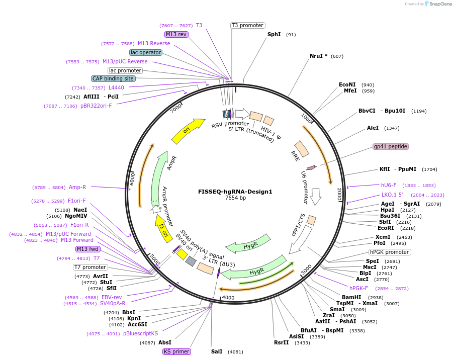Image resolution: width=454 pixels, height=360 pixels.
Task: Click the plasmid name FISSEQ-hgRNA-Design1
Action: click(x=235, y=191)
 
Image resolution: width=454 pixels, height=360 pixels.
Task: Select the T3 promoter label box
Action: click(x=248, y=25)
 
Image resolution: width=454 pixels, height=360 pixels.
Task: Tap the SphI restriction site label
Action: click(x=274, y=34)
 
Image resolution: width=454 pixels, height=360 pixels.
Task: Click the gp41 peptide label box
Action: click(x=391, y=146)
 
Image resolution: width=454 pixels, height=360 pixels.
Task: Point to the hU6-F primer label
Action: click(x=389, y=185)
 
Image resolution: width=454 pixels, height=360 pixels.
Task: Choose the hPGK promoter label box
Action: click(x=389, y=252)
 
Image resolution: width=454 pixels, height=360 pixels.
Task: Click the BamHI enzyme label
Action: click(x=352, y=297)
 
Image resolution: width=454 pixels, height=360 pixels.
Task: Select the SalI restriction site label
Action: click(x=217, y=351)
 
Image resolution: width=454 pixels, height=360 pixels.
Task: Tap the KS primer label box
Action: click(x=176, y=351)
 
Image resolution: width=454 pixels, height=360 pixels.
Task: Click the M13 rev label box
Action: click(x=176, y=34)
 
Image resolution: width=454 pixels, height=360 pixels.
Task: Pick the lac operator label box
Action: click(x=146, y=52)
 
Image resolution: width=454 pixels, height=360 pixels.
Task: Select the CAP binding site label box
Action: click(x=113, y=78)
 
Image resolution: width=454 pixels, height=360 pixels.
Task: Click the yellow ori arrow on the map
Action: click(x=188, y=129)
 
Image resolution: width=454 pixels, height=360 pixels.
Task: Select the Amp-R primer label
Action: click(x=77, y=187)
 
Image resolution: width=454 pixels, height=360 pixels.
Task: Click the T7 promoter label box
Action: click(x=90, y=267)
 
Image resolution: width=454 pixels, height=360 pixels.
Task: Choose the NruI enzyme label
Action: click(x=319, y=56)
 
